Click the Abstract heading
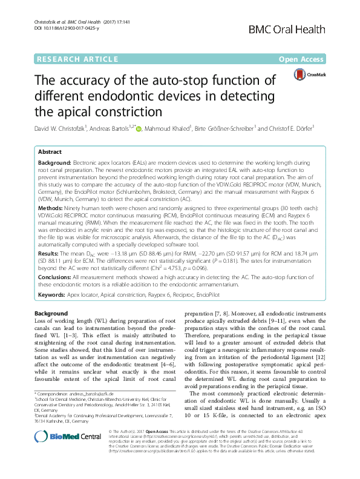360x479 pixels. pyautogui.click(x=50, y=152)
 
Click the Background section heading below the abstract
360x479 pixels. pyautogui.click(x=51, y=313)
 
